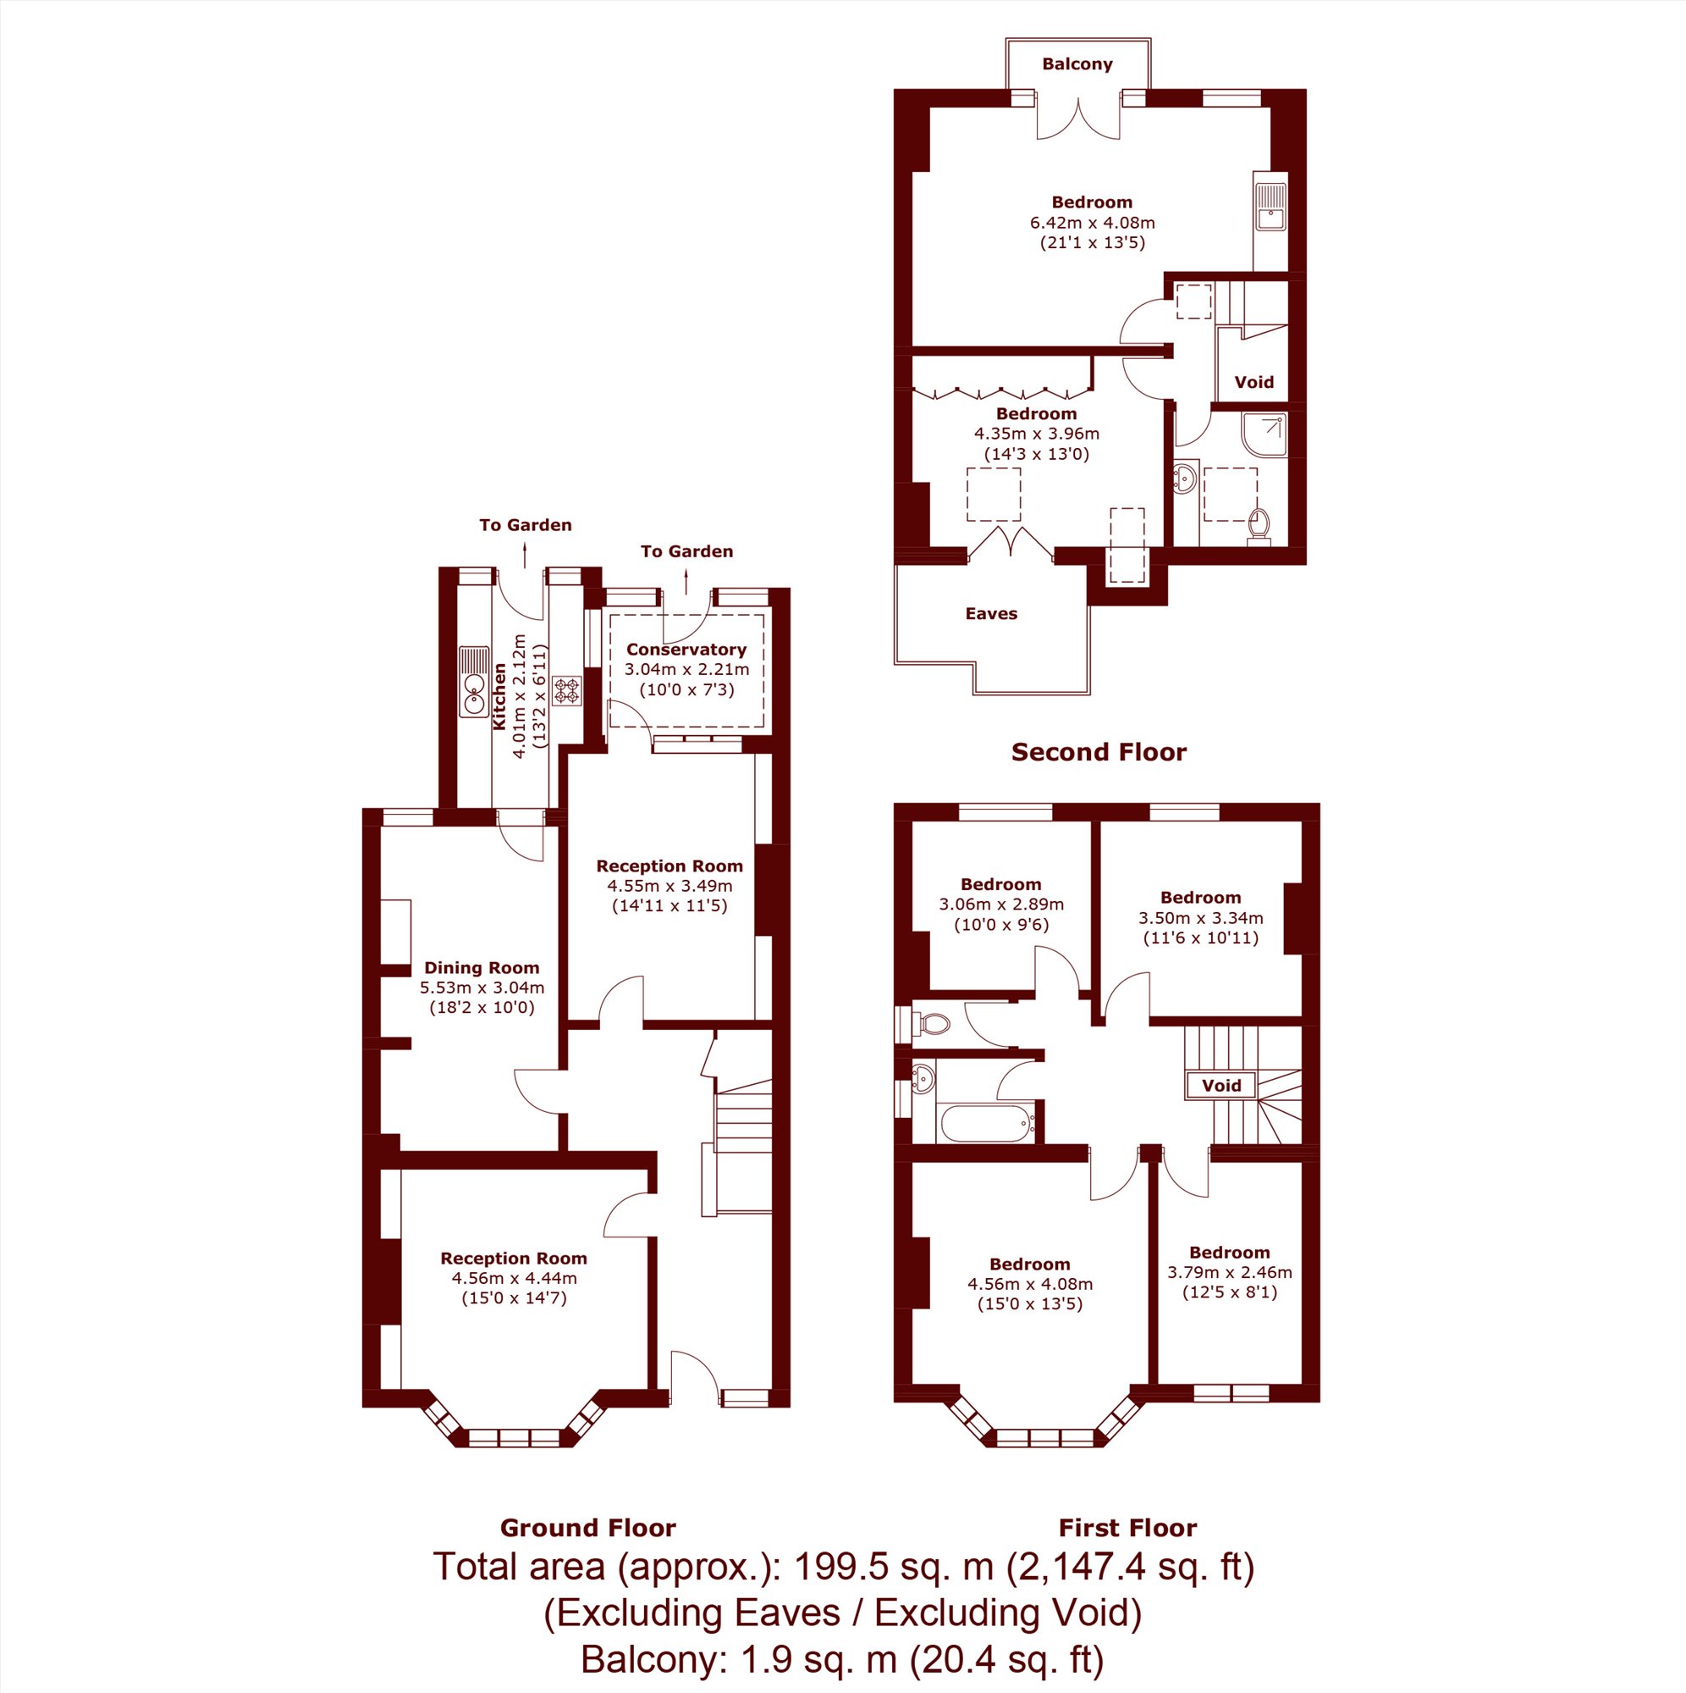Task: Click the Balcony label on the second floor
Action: (1077, 64)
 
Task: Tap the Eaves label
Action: (990, 613)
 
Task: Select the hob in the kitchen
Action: (568, 690)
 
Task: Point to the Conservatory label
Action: (686, 650)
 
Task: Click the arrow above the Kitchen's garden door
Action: (525, 555)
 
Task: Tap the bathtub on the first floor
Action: (985, 1122)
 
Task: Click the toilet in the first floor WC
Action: (930, 1022)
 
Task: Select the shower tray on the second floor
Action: (1264, 435)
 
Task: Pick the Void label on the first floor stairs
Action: (1221, 1086)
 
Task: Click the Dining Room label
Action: (481, 967)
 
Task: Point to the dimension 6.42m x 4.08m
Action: (1092, 223)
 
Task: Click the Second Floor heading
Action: (1099, 752)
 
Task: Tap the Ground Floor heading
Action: (587, 1528)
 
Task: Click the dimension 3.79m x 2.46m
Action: (1229, 1271)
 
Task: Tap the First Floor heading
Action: (1127, 1528)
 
